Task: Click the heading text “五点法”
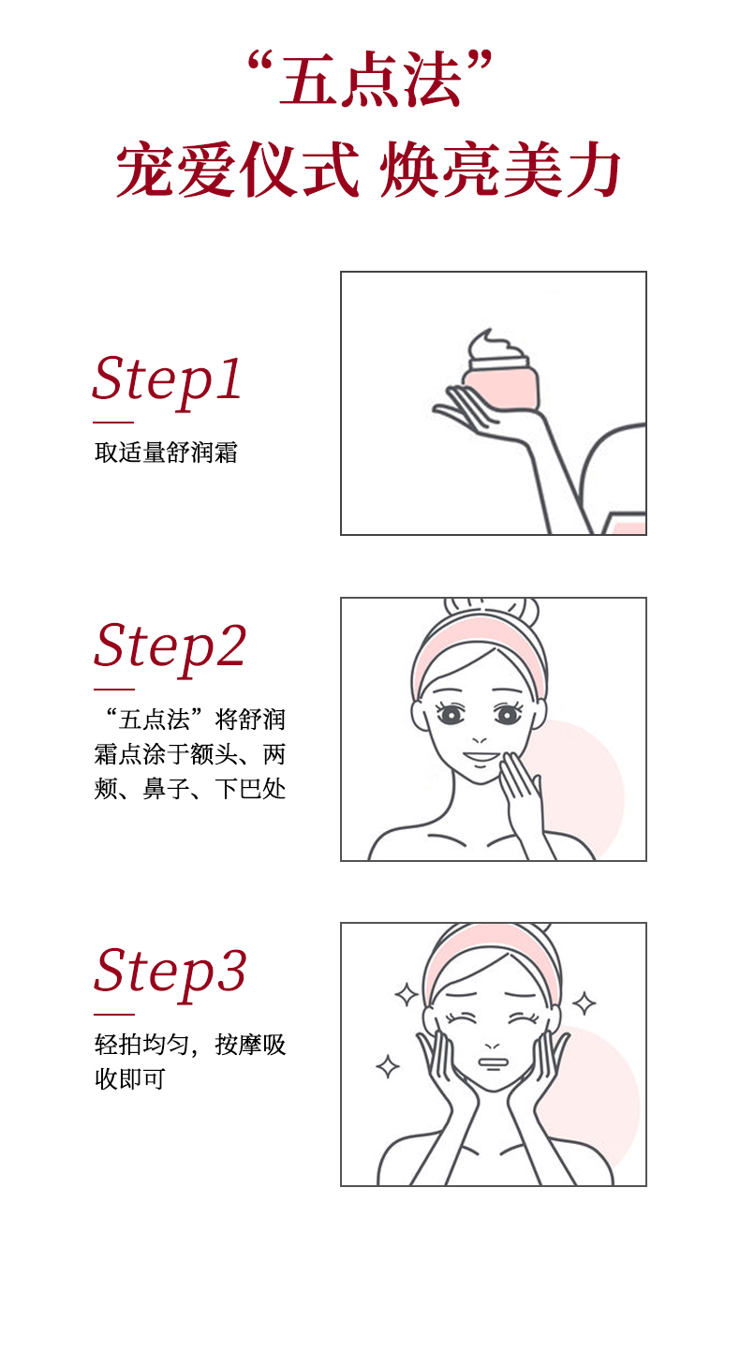(370, 80)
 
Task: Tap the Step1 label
(167, 380)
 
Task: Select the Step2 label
(170, 647)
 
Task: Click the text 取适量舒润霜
(166, 453)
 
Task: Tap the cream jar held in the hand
(502, 386)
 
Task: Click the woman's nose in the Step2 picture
(480, 738)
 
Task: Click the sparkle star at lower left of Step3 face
(388, 1066)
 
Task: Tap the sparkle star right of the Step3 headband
(584, 1003)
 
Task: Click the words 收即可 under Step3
(130, 1078)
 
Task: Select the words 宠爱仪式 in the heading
(238, 170)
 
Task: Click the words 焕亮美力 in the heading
(501, 170)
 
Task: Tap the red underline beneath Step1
(113, 422)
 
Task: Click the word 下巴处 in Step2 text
(250, 789)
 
